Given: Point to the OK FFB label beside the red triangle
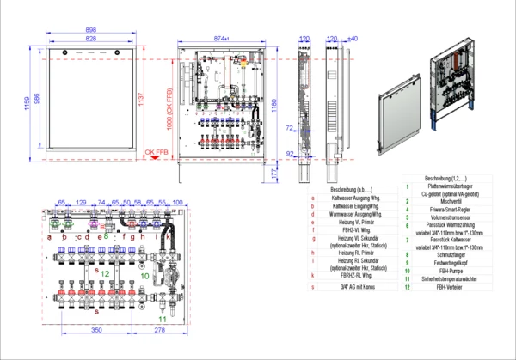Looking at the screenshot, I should pyautogui.click(x=155, y=153).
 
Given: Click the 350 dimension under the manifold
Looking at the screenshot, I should pyautogui.click(x=96, y=330).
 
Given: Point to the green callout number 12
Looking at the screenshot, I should pyautogui.click(x=105, y=272).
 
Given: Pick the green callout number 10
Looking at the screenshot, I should pyautogui.click(x=145, y=276).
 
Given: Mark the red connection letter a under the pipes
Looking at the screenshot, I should pyautogui.click(x=49, y=236).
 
